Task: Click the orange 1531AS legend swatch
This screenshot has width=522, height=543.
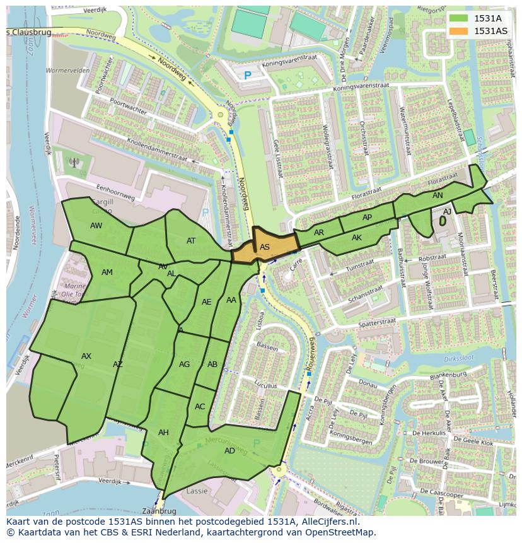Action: [x=459, y=31]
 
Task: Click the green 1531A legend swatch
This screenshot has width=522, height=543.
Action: [x=459, y=18]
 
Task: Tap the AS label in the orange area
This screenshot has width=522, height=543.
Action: [x=265, y=247]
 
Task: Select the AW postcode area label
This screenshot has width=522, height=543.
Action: [x=96, y=226]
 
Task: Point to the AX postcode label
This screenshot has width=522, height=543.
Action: [x=86, y=356]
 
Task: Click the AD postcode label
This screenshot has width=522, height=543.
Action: [x=229, y=450]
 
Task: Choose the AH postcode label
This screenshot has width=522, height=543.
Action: [x=163, y=433]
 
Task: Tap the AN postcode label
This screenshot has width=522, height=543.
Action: [x=438, y=196]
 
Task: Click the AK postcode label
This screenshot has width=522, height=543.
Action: [x=357, y=238]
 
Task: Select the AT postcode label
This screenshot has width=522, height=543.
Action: [x=191, y=241]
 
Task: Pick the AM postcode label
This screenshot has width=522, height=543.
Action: [x=107, y=272]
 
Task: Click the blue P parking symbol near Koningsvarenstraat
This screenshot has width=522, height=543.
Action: [x=248, y=75]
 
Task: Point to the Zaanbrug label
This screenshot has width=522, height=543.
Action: [x=158, y=511]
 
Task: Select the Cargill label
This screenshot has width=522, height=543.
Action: [x=102, y=202]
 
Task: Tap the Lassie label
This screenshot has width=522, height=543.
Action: [x=197, y=491]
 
